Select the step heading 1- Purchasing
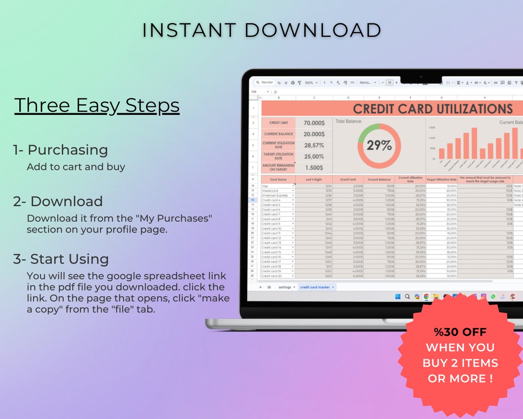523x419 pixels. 61,150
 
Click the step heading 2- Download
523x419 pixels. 58,201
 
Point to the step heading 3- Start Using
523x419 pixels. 61,259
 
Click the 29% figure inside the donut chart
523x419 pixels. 379,146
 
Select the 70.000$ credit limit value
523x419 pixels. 314,123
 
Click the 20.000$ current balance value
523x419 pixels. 314,134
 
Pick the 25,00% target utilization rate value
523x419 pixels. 314,157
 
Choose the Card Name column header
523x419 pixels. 278,180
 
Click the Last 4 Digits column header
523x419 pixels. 314,180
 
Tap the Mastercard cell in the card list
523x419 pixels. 270,191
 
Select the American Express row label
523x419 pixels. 275,195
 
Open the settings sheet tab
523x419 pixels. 285,287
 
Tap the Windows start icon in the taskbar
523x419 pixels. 398,297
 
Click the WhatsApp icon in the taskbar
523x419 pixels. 493,297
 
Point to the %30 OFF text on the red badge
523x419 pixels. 460,332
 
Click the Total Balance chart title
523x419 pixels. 348,121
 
